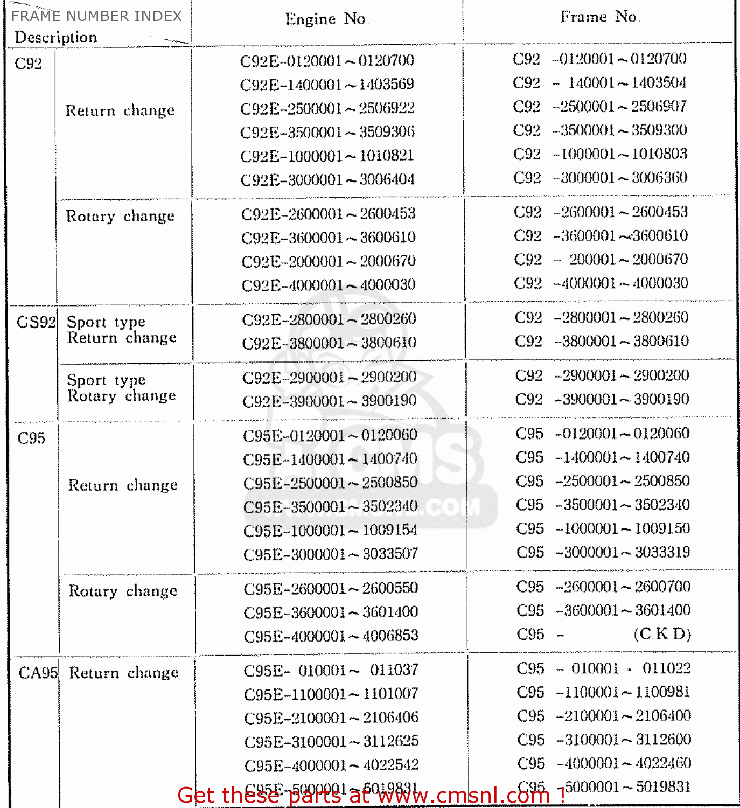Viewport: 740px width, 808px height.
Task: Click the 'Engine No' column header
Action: click(326, 19)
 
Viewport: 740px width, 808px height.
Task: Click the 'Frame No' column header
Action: click(599, 17)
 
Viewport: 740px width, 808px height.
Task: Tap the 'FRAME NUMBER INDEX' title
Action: click(97, 16)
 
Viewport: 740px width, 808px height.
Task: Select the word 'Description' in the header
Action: click(56, 37)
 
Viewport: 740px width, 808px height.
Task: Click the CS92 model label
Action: click(36, 322)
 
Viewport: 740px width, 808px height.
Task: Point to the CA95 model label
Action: click(38, 673)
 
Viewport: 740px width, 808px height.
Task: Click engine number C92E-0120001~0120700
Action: click(327, 60)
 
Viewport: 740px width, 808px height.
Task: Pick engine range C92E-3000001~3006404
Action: click(327, 179)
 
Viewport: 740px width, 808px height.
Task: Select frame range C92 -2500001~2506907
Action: click(599, 106)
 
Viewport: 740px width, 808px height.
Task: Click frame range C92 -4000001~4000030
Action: click(601, 283)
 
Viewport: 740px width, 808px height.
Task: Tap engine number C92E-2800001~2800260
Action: click(329, 319)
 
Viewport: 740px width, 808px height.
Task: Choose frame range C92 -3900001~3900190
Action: click(602, 399)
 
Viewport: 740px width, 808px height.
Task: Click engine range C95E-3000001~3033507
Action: click(331, 554)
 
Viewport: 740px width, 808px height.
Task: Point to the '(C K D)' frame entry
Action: click(662, 634)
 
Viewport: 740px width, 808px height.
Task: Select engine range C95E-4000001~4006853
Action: click(331, 636)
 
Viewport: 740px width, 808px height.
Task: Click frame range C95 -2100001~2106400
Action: click(604, 716)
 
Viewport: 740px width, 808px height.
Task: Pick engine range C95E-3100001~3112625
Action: click(331, 742)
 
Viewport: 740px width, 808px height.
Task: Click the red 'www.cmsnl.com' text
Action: click(450, 796)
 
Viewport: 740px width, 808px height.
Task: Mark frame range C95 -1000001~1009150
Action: click(603, 528)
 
